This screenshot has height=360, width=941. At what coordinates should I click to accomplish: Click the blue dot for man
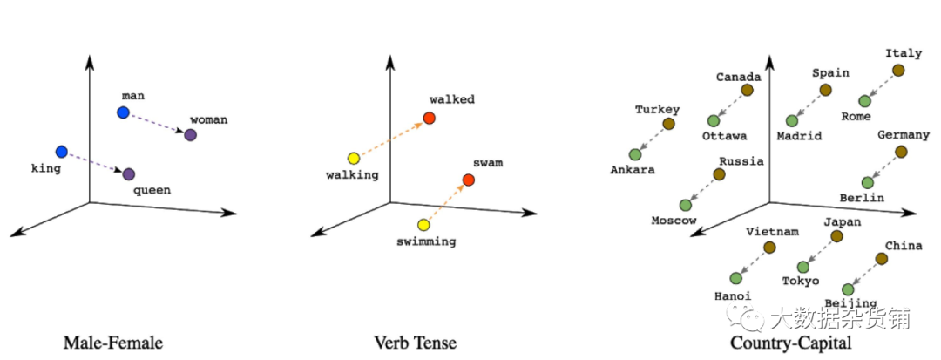point(123,112)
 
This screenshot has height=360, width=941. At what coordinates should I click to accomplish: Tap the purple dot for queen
point(129,174)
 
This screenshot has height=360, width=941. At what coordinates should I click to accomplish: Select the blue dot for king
point(61,152)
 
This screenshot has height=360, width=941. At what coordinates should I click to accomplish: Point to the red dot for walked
point(429,118)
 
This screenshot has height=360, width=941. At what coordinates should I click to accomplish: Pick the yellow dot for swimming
point(423,224)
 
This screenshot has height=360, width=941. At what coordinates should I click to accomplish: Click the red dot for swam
point(469,180)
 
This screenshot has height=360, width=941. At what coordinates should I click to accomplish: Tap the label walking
point(352,175)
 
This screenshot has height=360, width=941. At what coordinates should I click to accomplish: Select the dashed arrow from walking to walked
point(391,138)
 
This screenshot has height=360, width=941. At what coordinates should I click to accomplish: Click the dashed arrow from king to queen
point(95,163)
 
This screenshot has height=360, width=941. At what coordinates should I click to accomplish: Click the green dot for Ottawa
point(714,121)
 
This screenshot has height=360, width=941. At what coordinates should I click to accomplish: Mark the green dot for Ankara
point(634,154)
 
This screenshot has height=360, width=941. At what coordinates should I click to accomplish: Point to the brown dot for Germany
point(901,152)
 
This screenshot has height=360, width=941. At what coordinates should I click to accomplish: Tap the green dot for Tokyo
point(803,267)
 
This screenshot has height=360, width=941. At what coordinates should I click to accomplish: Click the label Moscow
point(674,221)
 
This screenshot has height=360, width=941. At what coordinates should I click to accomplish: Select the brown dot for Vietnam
point(769,248)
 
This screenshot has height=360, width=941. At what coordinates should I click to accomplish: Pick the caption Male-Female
point(113,343)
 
